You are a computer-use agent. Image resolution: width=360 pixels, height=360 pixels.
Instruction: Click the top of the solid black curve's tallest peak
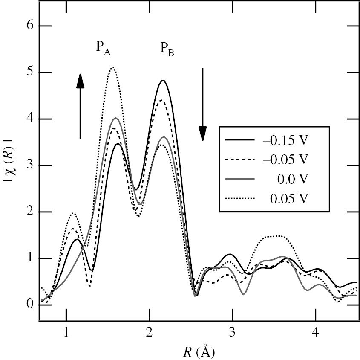coord(162,80)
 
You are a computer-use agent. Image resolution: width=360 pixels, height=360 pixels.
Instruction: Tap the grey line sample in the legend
coord(239,179)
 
